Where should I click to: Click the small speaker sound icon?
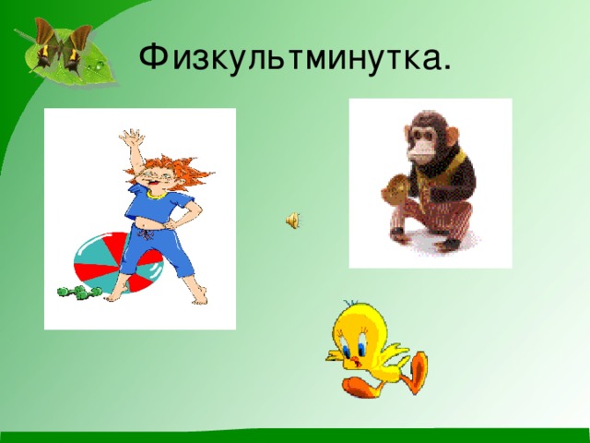[x=291, y=220]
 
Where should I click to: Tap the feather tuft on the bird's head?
[x=348, y=305]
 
